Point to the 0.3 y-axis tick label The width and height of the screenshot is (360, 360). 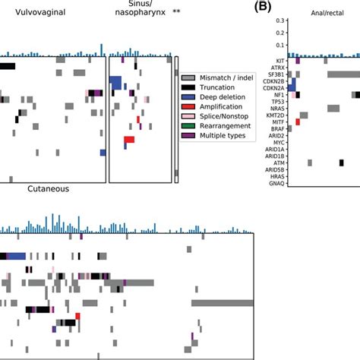(x=280, y=21)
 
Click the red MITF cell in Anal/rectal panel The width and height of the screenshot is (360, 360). (x=298, y=122)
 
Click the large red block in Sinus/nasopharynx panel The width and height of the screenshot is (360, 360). (x=129, y=140)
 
